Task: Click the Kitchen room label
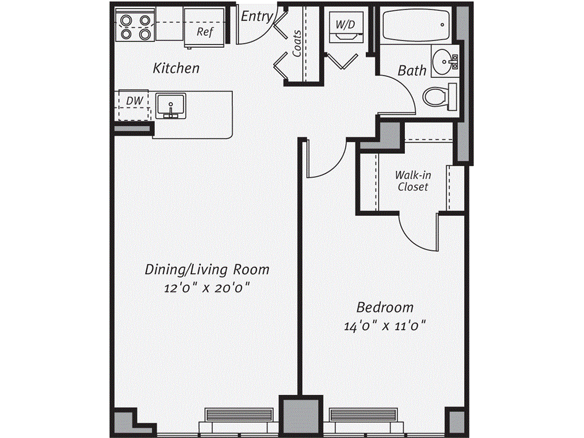tap(176, 68)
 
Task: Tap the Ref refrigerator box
tap(204, 32)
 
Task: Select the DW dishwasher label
tap(134, 102)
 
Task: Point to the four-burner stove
tap(136, 26)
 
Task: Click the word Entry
tap(256, 16)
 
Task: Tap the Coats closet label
tap(297, 43)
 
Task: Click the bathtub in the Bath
tap(416, 25)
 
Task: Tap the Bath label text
tap(412, 71)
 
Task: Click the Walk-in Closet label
tap(412, 181)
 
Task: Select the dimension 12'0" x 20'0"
tap(207, 289)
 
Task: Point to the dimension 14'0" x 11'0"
tap(385, 326)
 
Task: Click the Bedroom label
tap(385, 308)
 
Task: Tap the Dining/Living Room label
tap(206, 269)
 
